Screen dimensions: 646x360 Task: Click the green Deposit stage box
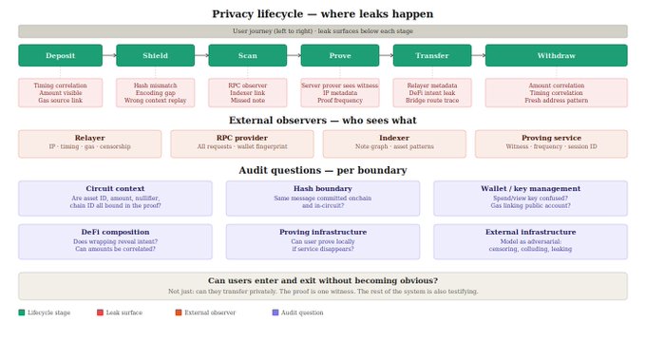tap(60, 55)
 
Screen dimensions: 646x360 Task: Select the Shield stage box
tap(155, 55)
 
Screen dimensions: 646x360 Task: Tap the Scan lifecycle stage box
tap(248, 55)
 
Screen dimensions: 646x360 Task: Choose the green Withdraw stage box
tap(556, 55)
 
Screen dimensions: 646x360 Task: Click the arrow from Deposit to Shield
tap(109, 55)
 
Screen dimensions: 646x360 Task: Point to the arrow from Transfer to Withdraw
tap(478, 55)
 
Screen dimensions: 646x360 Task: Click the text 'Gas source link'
tap(60, 101)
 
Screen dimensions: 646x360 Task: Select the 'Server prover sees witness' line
tap(340, 85)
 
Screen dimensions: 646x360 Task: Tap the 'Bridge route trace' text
tap(432, 101)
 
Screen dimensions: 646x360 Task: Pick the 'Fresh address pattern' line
tap(556, 101)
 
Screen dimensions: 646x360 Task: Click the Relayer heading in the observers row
tap(90, 138)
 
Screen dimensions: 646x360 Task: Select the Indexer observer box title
tap(394, 138)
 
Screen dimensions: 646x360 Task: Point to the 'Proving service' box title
tap(551, 138)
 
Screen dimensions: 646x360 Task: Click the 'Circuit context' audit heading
tap(115, 189)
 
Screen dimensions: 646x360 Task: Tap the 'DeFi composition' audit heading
tap(115, 233)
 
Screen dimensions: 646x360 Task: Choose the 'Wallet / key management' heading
tap(531, 189)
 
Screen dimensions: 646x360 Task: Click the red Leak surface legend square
tap(100, 313)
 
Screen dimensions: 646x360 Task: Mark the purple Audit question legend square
tap(275, 313)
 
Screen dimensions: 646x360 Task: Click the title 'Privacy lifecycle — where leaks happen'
tap(323, 14)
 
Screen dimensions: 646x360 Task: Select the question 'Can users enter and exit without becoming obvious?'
tap(323, 281)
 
